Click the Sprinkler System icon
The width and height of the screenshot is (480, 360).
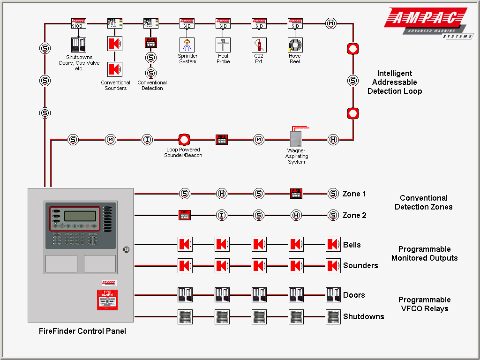(x=187, y=45)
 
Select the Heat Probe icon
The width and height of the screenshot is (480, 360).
(x=223, y=45)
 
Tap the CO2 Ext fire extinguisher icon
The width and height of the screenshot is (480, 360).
(x=259, y=45)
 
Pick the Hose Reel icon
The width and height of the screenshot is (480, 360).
(x=295, y=45)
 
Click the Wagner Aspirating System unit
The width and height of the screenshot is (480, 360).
(x=296, y=139)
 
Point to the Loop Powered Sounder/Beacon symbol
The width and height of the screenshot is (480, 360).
(x=184, y=139)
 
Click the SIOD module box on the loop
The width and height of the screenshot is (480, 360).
(x=78, y=23)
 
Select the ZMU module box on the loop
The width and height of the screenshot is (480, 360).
(x=150, y=23)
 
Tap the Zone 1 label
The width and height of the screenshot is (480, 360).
(x=354, y=194)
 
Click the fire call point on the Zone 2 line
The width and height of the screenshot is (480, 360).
(x=185, y=215)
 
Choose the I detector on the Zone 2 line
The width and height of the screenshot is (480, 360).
(x=222, y=215)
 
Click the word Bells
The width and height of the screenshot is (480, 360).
(x=352, y=245)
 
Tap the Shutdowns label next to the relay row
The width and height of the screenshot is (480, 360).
(x=363, y=316)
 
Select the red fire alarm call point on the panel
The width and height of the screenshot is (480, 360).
(x=107, y=300)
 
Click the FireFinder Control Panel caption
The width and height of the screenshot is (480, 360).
(x=82, y=331)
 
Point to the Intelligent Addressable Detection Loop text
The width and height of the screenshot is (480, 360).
(x=394, y=82)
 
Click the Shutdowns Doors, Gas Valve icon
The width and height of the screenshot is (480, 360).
(x=79, y=45)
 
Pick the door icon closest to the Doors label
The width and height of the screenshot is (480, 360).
(x=333, y=295)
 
